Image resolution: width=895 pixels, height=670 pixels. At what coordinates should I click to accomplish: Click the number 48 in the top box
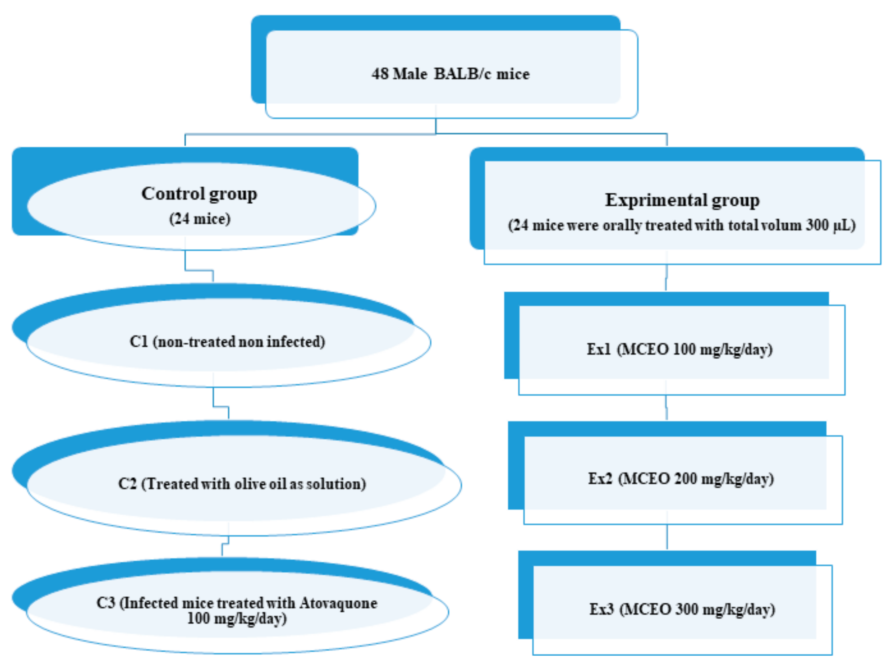click(380, 74)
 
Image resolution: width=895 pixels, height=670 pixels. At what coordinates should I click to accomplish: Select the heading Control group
click(199, 194)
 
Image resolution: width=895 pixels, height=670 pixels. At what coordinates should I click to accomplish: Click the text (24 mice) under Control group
click(199, 219)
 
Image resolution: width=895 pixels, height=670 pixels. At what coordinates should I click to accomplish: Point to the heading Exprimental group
click(682, 200)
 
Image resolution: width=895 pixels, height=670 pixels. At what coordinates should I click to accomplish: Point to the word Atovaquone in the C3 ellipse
click(338, 603)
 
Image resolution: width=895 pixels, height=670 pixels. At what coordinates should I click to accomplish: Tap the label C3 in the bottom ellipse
click(106, 603)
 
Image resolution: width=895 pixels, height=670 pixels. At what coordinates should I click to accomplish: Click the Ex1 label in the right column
click(599, 349)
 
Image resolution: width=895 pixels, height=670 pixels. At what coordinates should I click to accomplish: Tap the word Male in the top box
click(410, 74)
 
